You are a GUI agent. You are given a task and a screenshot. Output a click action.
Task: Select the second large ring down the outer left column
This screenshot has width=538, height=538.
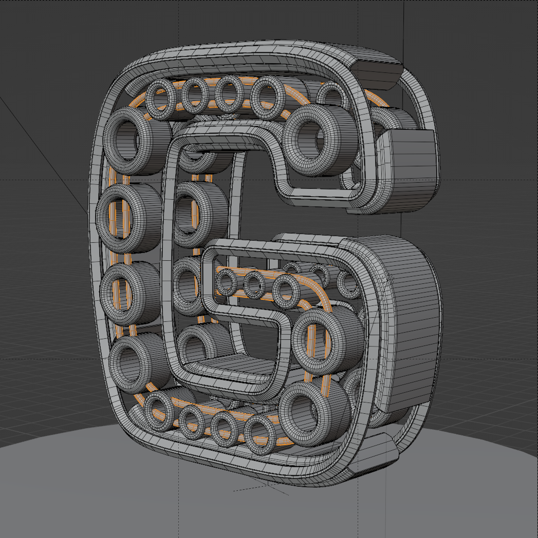(102, 218)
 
